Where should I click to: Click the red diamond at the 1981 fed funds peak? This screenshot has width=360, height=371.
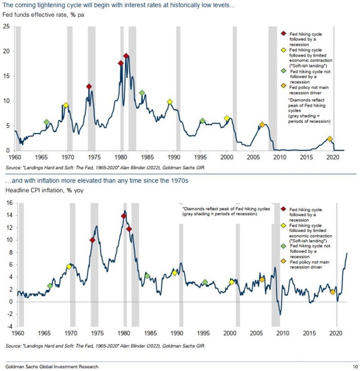point(126,56)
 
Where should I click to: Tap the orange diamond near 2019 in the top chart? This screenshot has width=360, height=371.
point(330,139)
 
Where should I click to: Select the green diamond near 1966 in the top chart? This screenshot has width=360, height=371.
point(47,122)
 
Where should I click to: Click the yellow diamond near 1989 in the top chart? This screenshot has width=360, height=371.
point(170,102)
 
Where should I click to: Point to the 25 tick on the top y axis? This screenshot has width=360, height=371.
point(6,26)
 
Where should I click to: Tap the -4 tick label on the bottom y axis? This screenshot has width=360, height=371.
point(7,326)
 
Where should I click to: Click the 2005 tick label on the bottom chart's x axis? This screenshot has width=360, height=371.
point(255,333)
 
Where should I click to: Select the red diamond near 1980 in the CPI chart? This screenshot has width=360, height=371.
point(124,216)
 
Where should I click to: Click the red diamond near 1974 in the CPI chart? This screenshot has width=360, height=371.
point(92,240)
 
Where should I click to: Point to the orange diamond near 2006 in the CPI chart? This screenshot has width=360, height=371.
point(262,280)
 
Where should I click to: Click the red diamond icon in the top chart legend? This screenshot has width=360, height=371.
point(284,34)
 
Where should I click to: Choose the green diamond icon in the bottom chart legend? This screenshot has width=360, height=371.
point(283,246)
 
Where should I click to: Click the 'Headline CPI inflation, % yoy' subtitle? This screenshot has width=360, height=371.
point(43,190)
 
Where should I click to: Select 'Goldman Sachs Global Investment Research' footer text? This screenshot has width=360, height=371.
point(51,366)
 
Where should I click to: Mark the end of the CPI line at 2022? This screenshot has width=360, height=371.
point(347,253)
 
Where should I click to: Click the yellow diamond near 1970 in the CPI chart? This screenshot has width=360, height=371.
point(69,267)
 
